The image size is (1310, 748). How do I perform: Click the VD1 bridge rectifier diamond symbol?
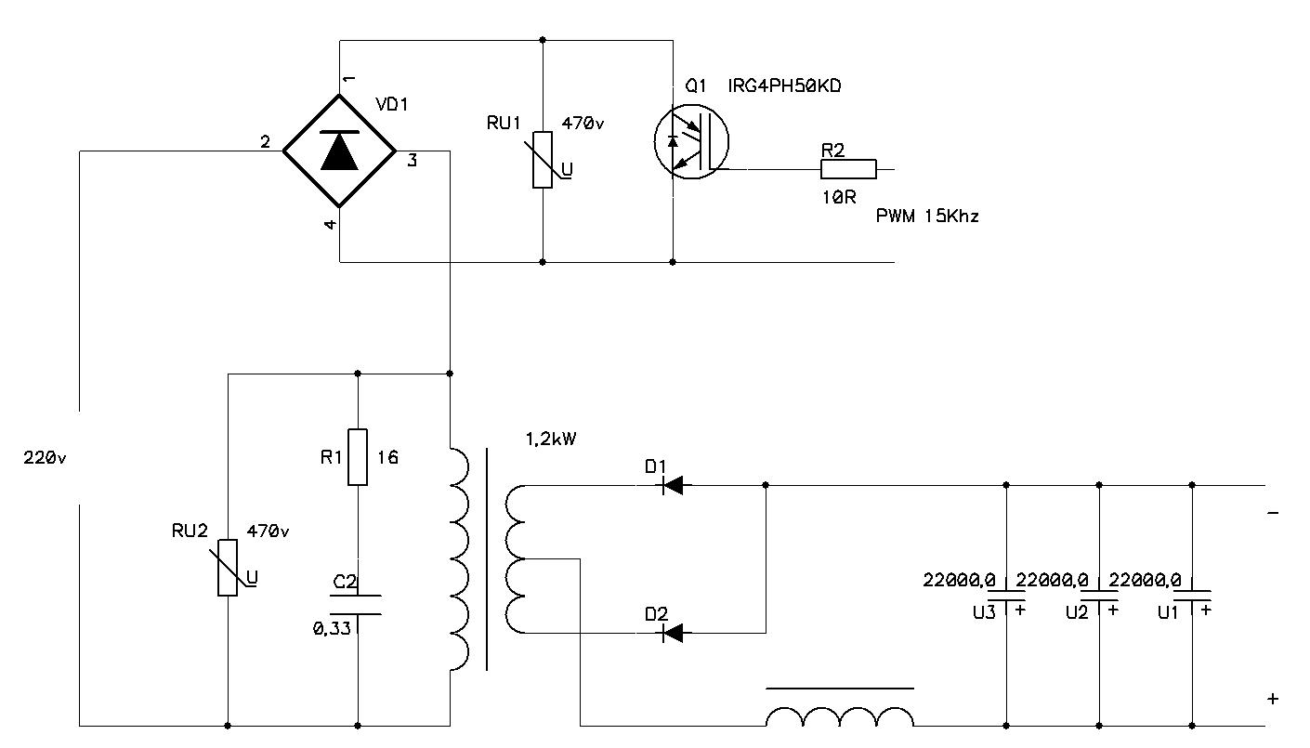[x=339, y=151]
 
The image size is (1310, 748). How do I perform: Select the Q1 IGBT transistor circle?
[x=691, y=142]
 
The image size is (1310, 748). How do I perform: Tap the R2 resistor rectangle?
[x=848, y=169]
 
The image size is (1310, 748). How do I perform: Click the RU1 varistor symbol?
[x=544, y=160]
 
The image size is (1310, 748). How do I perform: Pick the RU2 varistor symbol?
[x=228, y=567]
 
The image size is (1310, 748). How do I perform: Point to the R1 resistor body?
[x=358, y=457]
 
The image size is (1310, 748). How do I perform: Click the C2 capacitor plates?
[x=358, y=604]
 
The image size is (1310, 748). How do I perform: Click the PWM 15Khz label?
[x=927, y=216]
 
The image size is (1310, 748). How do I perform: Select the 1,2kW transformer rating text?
[x=551, y=439]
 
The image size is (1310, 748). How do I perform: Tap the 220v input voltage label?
[x=46, y=458]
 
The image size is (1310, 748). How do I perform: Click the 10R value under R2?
[x=838, y=197]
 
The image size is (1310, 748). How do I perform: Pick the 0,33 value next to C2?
[x=332, y=628]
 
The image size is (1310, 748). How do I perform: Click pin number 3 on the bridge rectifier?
[x=412, y=161]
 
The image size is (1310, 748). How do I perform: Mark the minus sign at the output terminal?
[x=1273, y=513]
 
